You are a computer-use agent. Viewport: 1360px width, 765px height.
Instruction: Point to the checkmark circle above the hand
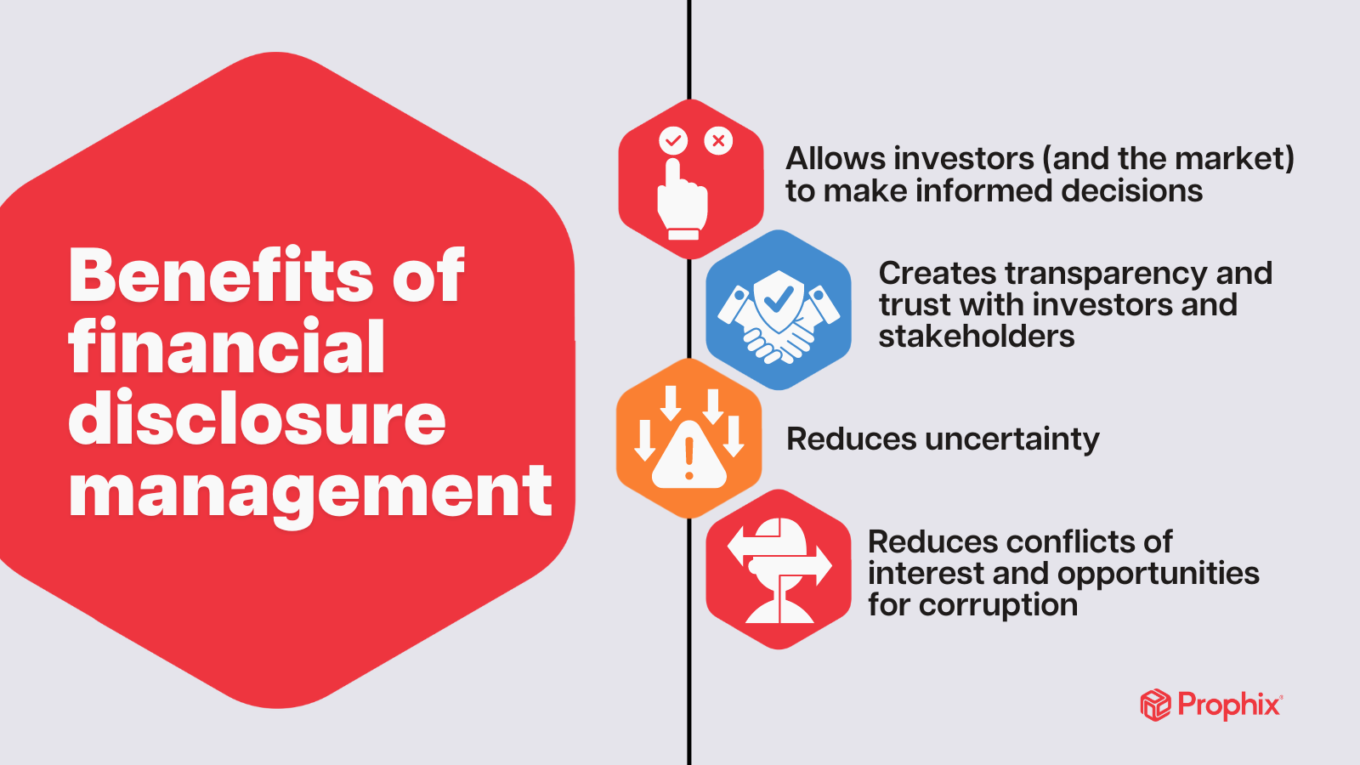point(673,140)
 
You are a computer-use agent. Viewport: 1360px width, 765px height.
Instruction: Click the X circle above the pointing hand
point(718,140)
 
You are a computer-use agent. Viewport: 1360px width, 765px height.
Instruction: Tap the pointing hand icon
point(682,201)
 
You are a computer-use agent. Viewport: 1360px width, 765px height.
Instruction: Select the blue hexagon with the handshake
point(779,309)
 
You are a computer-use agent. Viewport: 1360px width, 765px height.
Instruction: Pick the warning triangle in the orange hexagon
point(689,456)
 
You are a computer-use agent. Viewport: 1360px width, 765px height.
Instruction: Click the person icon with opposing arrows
point(779,569)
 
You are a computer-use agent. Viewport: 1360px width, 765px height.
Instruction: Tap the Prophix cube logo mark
point(1155,705)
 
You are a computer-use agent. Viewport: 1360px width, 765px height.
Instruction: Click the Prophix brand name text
point(1229,705)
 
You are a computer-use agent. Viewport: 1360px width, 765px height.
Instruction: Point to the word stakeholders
point(977,337)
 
